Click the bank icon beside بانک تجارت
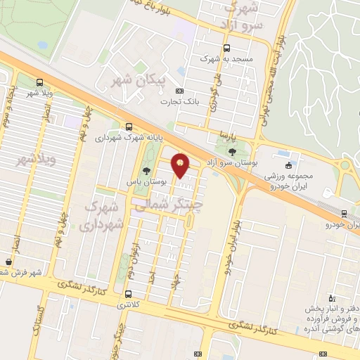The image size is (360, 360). click(x=179, y=91)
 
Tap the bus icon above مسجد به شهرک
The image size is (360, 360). click(x=226, y=49)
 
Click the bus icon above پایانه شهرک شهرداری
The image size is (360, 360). click(x=128, y=127)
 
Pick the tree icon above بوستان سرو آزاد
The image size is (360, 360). click(x=233, y=152)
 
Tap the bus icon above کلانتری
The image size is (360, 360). click(x=127, y=295)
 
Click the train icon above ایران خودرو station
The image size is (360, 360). click(x=344, y=213)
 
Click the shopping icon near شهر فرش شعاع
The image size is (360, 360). click(x=8, y=262)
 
